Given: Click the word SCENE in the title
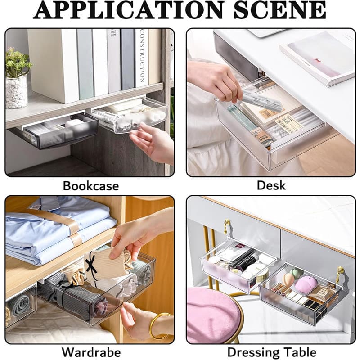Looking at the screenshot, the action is tap(280, 10).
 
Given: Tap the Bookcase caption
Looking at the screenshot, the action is tap(91, 186).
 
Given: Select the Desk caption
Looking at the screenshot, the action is tap(271, 185).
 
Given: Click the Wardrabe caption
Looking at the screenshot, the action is tap(91, 352).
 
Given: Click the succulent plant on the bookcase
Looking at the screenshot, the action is tap(18, 63).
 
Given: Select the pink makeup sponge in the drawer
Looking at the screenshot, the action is tap(306, 284).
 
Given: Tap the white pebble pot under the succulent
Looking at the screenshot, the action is tap(17, 92).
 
